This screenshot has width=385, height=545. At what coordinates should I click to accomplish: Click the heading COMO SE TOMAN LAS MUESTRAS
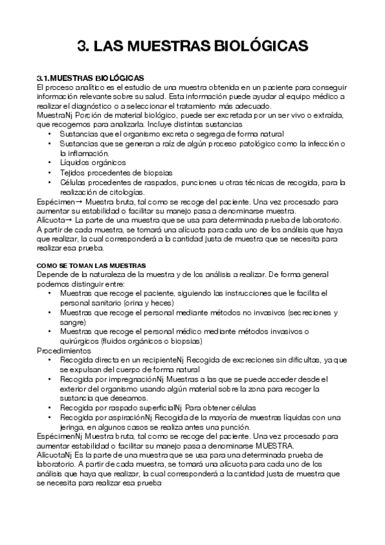(x=91, y=265)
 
